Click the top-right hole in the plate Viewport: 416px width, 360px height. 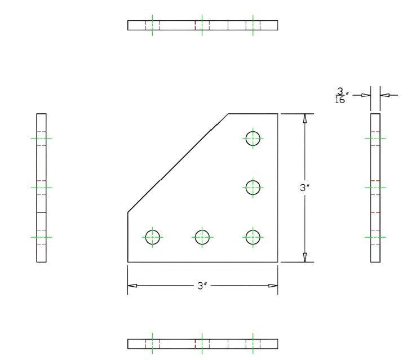click(x=253, y=137)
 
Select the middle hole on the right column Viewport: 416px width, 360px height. click(x=253, y=187)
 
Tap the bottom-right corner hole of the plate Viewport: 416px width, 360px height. click(x=253, y=237)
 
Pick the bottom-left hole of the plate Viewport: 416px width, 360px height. click(x=153, y=237)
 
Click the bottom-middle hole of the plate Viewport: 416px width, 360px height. click(x=202, y=237)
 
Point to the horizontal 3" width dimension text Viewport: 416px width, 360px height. click(x=202, y=286)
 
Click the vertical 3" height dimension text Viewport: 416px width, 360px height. click(x=305, y=188)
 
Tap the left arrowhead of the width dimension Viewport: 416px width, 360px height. click(x=132, y=286)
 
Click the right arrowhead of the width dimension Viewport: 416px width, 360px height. click(x=273, y=286)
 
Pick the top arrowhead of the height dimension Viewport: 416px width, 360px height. click(x=305, y=119)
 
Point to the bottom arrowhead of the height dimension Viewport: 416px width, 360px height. click(x=305, y=257)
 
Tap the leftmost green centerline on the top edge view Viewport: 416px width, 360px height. click(x=153, y=25)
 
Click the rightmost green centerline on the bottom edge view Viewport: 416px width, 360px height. click(x=253, y=344)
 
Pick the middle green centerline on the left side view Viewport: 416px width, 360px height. click(x=41, y=187)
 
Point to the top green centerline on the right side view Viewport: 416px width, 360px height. click(x=375, y=137)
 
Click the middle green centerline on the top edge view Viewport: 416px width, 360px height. click(x=202, y=25)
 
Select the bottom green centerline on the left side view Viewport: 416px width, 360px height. click(x=41, y=237)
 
